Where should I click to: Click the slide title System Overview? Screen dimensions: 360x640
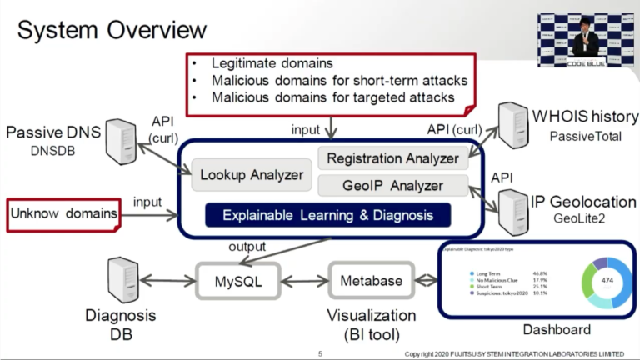[x=112, y=31]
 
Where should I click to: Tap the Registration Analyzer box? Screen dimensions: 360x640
[x=392, y=158]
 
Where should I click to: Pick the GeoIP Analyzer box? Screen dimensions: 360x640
[x=392, y=185]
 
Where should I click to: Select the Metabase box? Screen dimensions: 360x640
[x=371, y=281]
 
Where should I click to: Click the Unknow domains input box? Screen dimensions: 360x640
[x=63, y=214]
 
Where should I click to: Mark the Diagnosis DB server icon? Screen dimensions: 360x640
[x=122, y=280]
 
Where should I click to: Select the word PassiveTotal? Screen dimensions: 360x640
[x=587, y=136]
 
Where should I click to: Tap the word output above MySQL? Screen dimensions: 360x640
[x=247, y=246]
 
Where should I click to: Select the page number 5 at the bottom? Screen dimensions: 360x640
[x=320, y=354]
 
